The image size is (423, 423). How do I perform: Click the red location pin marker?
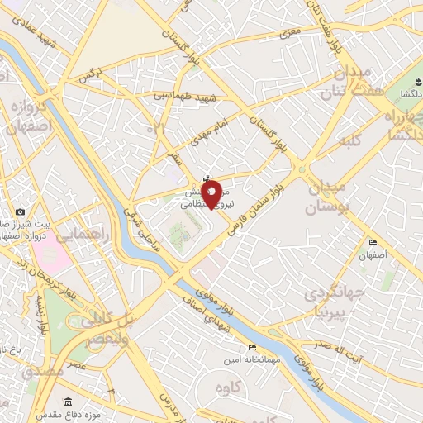(211, 194)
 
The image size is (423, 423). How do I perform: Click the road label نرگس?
(88, 77)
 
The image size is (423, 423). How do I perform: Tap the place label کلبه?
(351, 140)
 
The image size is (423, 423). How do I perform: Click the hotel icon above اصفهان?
(373, 243)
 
